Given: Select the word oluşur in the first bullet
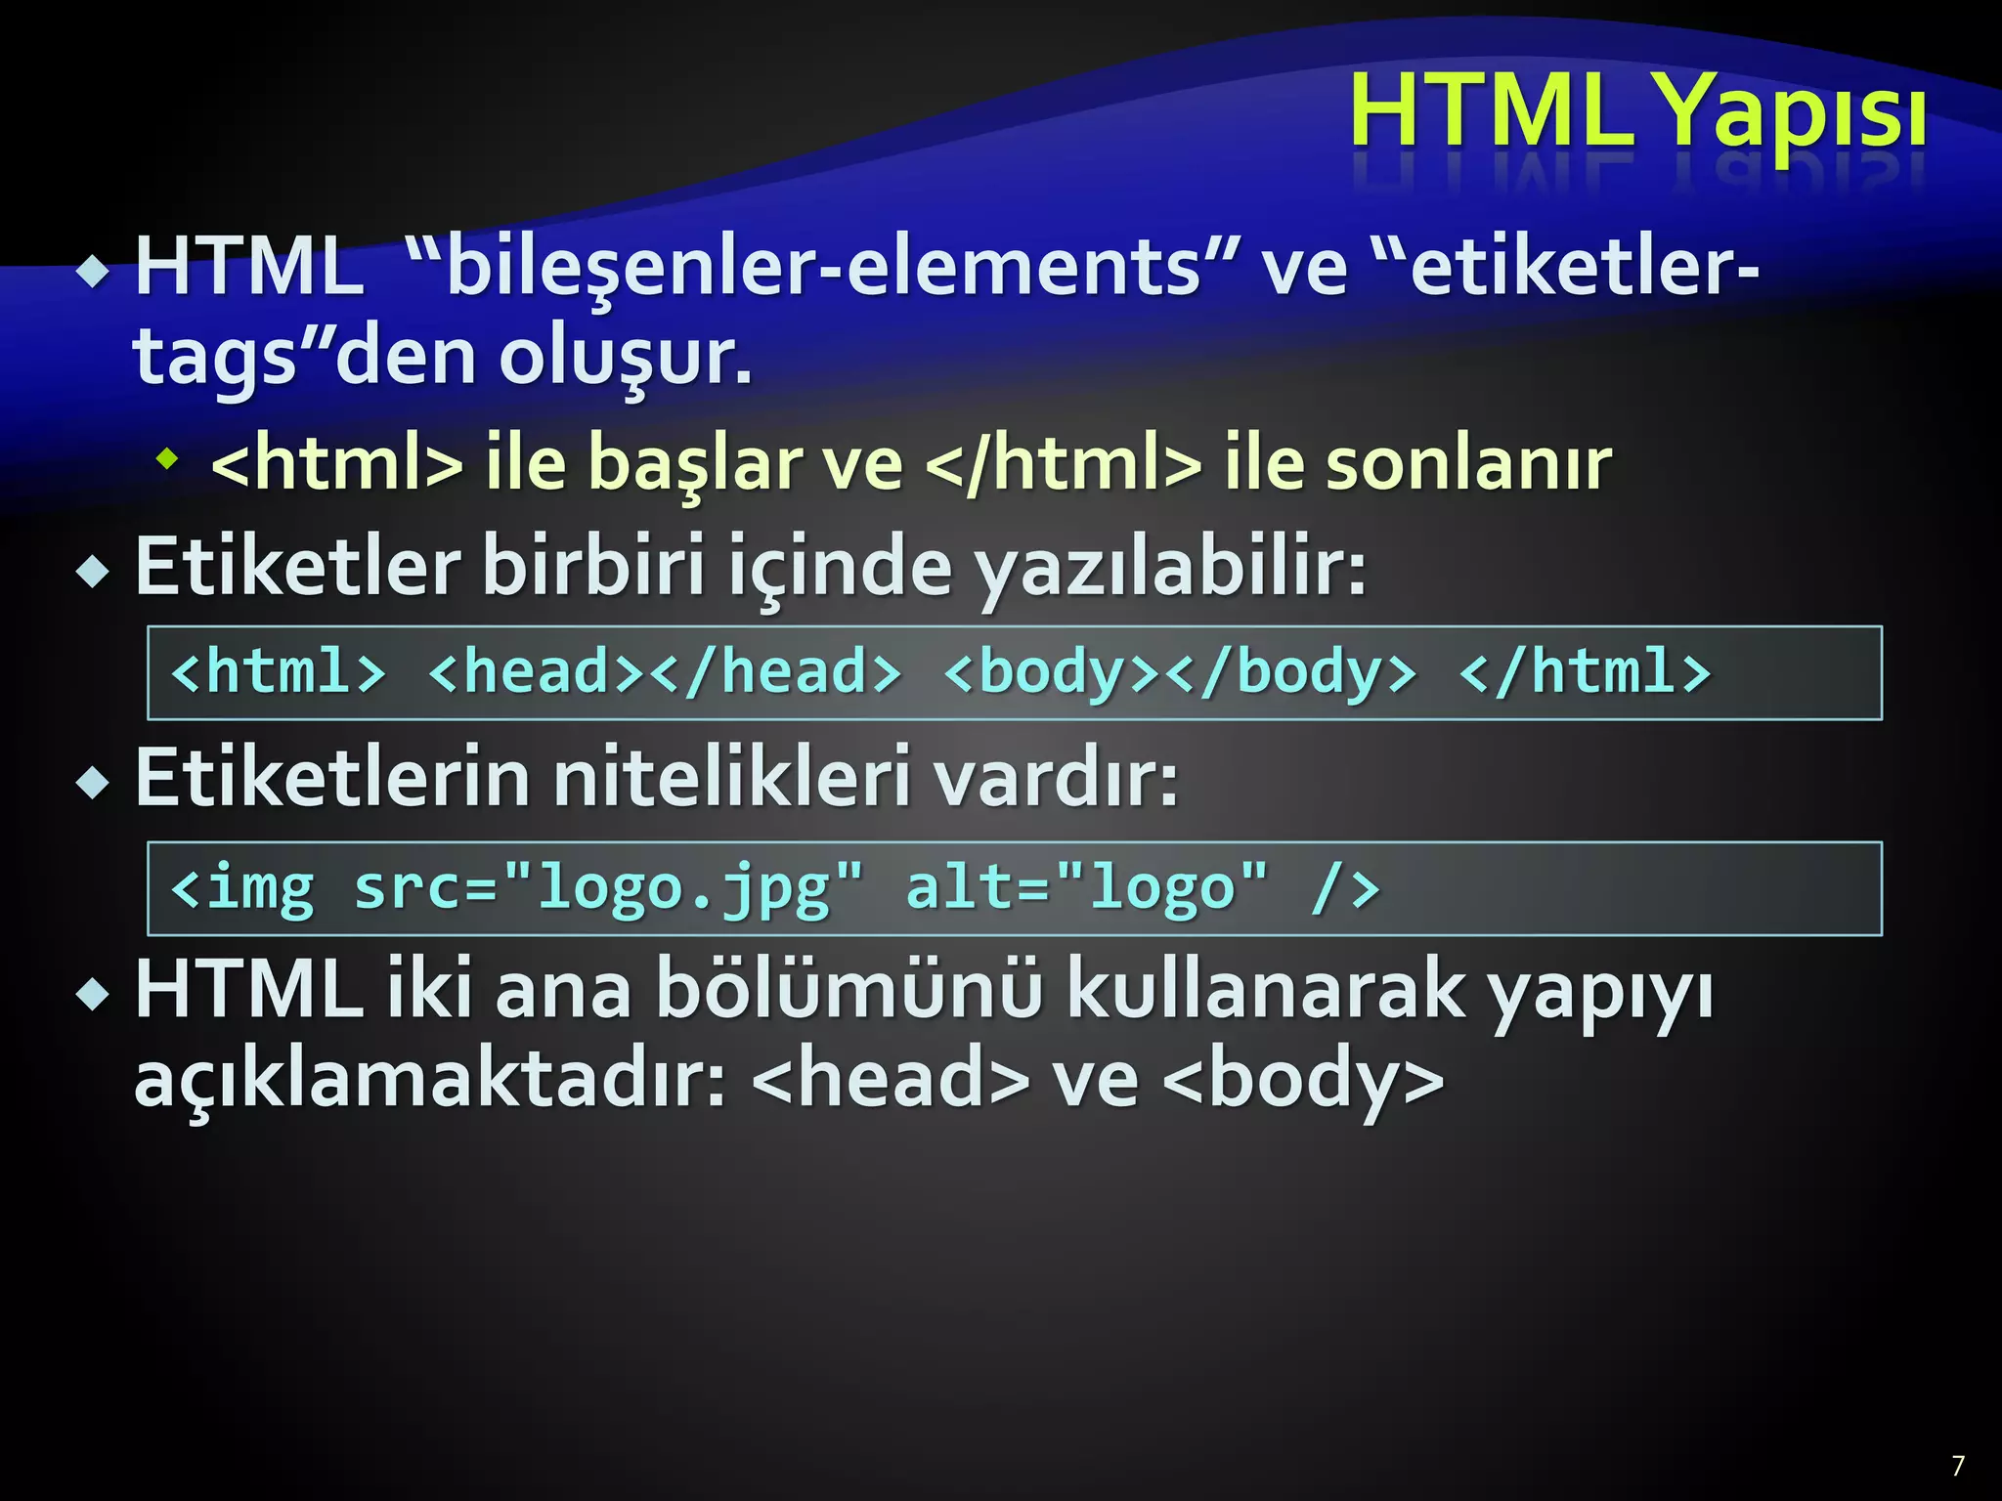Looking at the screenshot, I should click(x=626, y=358).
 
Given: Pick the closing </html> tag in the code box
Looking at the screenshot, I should click(x=1584, y=672).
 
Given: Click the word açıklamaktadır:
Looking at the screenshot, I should click(x=430, y=1080).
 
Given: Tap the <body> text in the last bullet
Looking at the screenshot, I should click(x=1305, y=1080).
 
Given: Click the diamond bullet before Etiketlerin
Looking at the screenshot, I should click(x=94, y=782).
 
